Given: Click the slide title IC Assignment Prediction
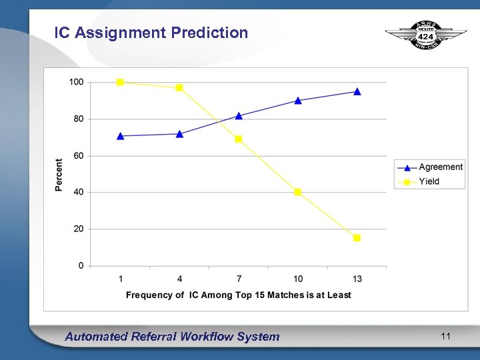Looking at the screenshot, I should [x=151, y=33].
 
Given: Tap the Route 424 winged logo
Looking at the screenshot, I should [x=426, y=35].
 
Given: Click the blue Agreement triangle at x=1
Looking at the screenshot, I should [x=120, y=136].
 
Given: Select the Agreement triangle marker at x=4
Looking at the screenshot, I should [x=179, y=134].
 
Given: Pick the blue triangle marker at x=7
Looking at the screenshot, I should [x=239, y=116].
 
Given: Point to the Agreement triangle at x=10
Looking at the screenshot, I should [x=298, y=101].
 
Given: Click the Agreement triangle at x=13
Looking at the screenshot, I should [x=357, y=92].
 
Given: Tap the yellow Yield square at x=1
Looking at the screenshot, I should [x=120, y=82].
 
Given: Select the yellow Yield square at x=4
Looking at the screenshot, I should [x=179, y=87].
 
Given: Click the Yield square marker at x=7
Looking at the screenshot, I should [x=239, y=139].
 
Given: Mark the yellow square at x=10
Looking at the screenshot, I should [x=298, y=192].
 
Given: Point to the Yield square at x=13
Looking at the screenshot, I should [x=357, y=238].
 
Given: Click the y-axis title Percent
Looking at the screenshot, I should [x=59, y=175].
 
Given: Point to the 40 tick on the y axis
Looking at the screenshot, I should [x=79, y=192].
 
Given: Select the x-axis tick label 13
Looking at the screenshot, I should [x=357, y=278].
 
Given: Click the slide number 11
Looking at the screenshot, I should [x=445, y=336].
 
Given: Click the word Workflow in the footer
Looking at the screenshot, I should [x=205, y=337].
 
